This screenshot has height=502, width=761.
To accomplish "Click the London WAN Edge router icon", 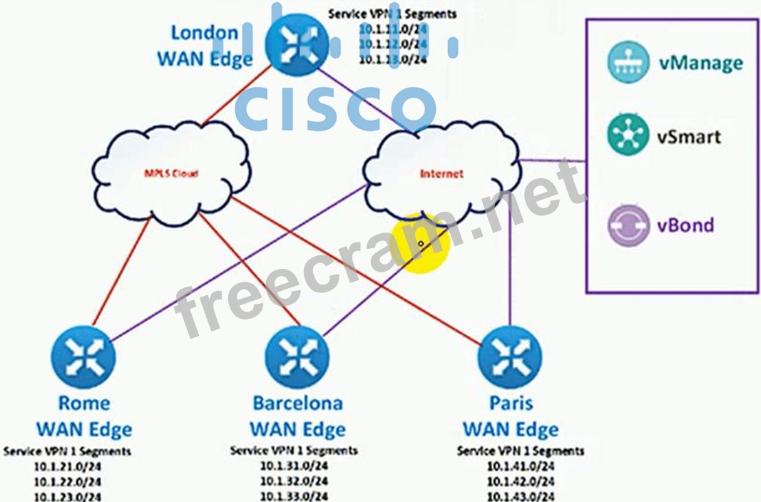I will tap(295, 45).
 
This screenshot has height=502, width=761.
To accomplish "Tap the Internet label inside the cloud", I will tap(441, 173).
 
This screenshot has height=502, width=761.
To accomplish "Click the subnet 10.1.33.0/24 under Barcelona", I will tap(294, 496).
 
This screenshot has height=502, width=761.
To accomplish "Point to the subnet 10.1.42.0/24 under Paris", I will tap(520, 481).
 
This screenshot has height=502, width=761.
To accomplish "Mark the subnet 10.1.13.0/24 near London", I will tap(393, 60).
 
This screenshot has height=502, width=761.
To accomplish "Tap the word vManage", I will tap(700, 63).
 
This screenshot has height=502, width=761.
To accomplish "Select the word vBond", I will tap(685, 225).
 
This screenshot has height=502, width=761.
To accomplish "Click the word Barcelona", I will tap(297, 403).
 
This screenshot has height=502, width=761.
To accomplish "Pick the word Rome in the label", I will tap(83, 403).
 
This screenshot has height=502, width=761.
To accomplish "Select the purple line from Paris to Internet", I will tap(510, 264).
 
